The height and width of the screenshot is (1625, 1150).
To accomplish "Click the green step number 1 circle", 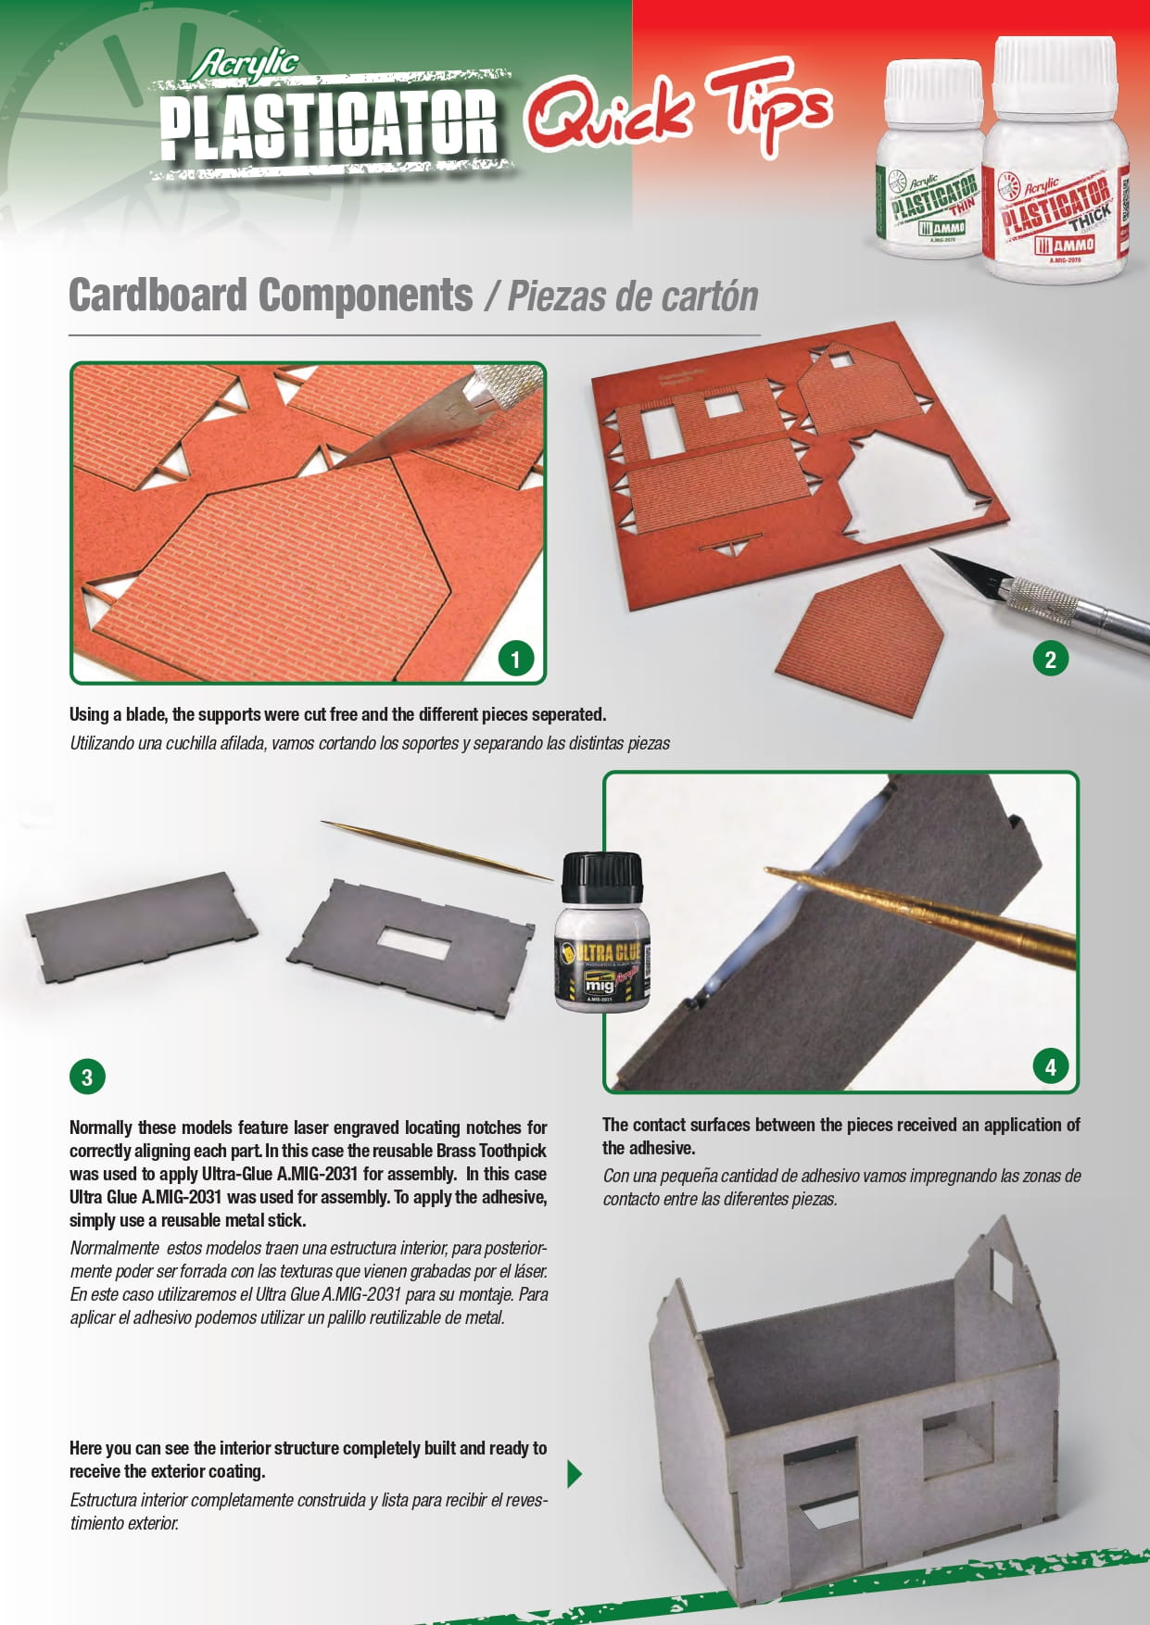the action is (515, 660).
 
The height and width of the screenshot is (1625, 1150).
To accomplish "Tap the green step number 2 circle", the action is (1050, 660).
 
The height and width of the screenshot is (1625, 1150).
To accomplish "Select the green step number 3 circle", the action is (87, 1077).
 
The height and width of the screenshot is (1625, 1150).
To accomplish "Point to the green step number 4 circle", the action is (1050, 1066).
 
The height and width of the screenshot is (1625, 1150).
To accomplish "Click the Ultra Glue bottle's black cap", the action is (602, 882).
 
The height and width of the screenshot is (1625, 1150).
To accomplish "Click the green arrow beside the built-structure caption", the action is (575, 1473).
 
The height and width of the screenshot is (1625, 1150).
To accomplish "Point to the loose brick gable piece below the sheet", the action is (859, 639).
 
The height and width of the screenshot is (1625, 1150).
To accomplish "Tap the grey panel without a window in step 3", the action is (142, 922).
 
